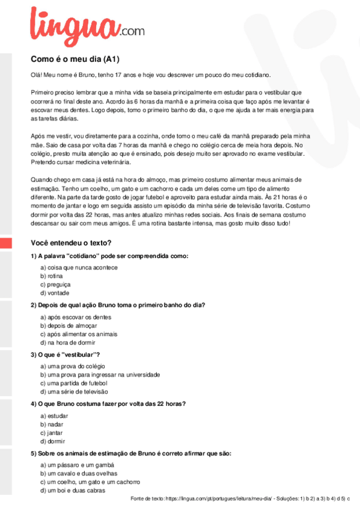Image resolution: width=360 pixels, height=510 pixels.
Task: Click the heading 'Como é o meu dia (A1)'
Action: pos(76,59)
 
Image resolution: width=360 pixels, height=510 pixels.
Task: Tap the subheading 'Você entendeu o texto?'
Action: pos(71,243)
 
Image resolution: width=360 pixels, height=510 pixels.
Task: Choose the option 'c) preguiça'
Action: pos(56,284)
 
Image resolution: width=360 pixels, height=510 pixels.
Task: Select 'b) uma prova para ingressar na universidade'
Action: pos(100,375)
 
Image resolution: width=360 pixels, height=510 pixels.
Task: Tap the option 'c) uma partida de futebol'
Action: pos(73,383)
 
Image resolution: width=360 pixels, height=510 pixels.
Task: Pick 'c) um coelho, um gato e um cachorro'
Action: pos(90,482)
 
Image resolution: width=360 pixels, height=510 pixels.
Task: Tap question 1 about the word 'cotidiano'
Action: pos(110,256)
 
